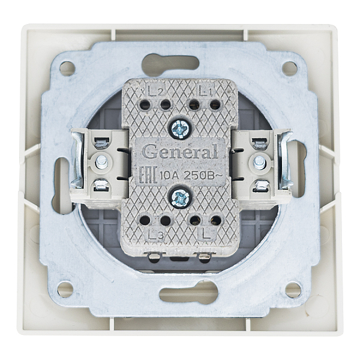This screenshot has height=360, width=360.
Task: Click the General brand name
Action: click(x=180, y=152)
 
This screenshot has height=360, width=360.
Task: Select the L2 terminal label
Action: click(x=155, y=91)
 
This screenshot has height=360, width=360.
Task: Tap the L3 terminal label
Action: click(x=155, y=235)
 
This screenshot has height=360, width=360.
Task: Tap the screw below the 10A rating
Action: click(x=180, y=199)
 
